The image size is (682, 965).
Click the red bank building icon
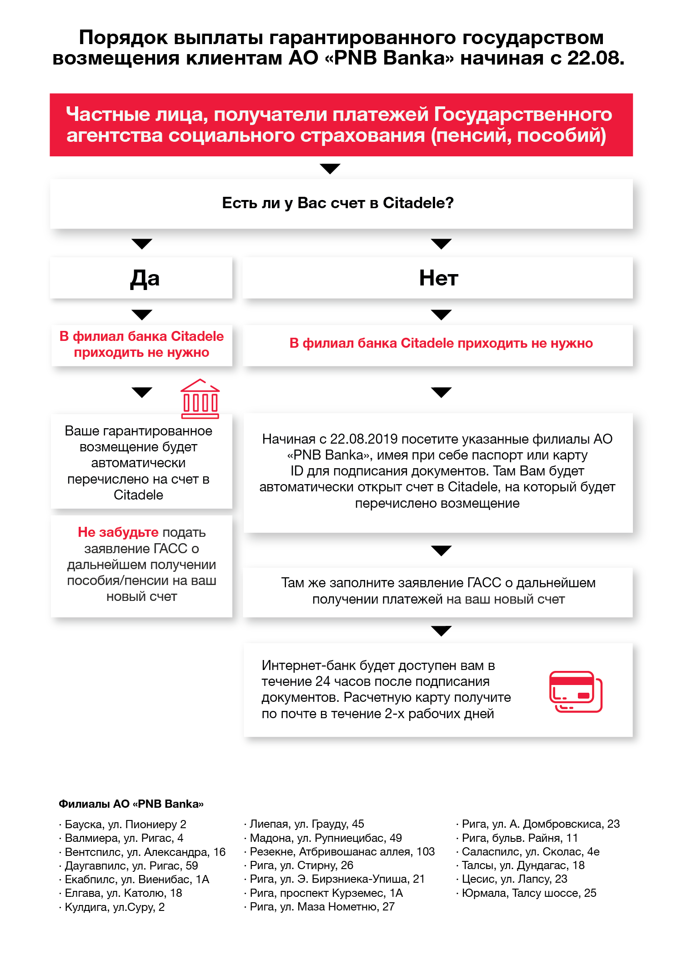(x=200, y=399)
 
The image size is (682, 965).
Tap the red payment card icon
(x=576, y=691)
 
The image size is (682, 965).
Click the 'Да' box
(x=141, y=278)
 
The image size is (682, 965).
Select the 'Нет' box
(x=438, y=278)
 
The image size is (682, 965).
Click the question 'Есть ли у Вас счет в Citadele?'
(x=338, y=203)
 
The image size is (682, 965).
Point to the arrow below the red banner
(x=330, y=169)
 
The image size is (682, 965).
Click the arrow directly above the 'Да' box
(x=142, y=244)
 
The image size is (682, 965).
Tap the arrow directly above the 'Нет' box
(x=441, y=244)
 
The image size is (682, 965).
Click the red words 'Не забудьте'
(x=118, y=532)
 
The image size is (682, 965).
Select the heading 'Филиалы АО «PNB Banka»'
(x=131, y=804)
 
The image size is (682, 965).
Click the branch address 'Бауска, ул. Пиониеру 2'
(x=125, y=824)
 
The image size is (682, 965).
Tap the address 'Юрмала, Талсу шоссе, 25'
(x=529, y=893)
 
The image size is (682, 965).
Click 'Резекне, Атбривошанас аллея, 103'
(x=342, y=851)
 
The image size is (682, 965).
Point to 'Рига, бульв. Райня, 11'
(x=520, y=838)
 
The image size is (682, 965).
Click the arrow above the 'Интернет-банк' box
(x=441, y=630)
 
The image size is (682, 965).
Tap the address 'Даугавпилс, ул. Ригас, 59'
(x=131, y=865)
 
